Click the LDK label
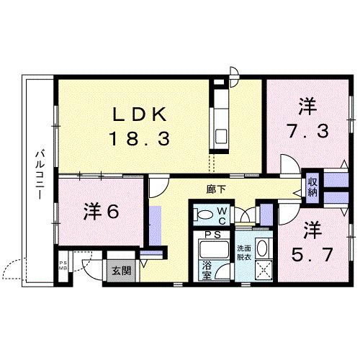click(141, 114)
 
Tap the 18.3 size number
click(140, 138)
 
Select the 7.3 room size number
click(307, 132)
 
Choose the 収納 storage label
click(313, 187)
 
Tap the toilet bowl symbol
click(205, 214)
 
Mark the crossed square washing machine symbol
click(262, 271)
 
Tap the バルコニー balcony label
click(41, 173)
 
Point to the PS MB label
click(63, 266)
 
